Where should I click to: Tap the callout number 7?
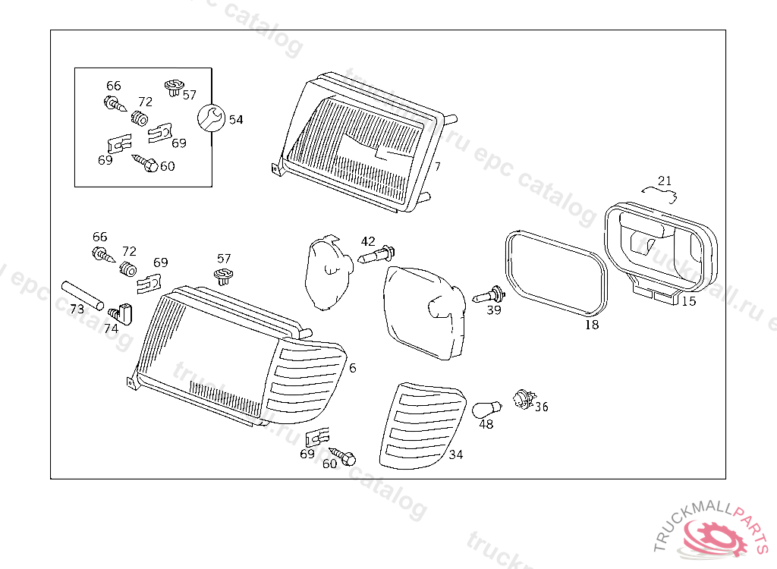438,166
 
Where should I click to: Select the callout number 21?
665,181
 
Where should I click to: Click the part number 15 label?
688,301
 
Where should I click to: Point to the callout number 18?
592,325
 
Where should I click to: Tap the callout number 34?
456,454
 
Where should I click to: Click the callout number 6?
352,368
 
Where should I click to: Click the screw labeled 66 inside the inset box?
113,103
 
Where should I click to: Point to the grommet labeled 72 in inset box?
140,118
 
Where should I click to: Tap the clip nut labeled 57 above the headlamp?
223,275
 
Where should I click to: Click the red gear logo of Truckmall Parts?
715,537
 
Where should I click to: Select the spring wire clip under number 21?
659,194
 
